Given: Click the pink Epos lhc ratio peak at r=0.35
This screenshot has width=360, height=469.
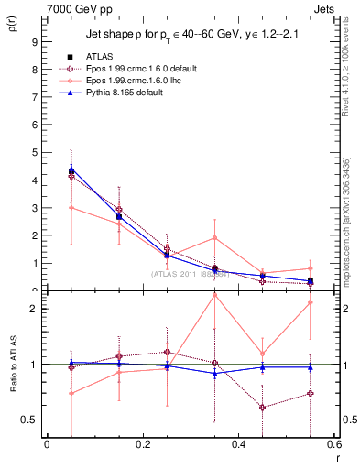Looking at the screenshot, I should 215,295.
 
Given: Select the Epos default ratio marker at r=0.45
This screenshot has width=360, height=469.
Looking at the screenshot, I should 263,408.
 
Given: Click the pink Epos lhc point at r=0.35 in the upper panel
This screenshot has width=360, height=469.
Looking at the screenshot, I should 215,238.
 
